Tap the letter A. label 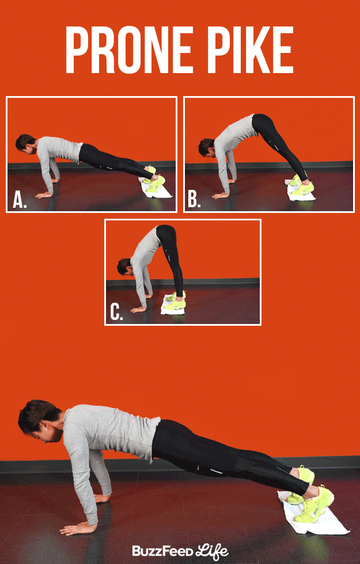pos(20,200)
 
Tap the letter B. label pos(194,200)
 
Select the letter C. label pos(117,313)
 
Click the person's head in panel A pos(25,143)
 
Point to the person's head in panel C pos(124,266)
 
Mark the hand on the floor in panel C pos(138,310)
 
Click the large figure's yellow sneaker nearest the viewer pos(314,505)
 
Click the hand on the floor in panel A pos(44,195)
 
